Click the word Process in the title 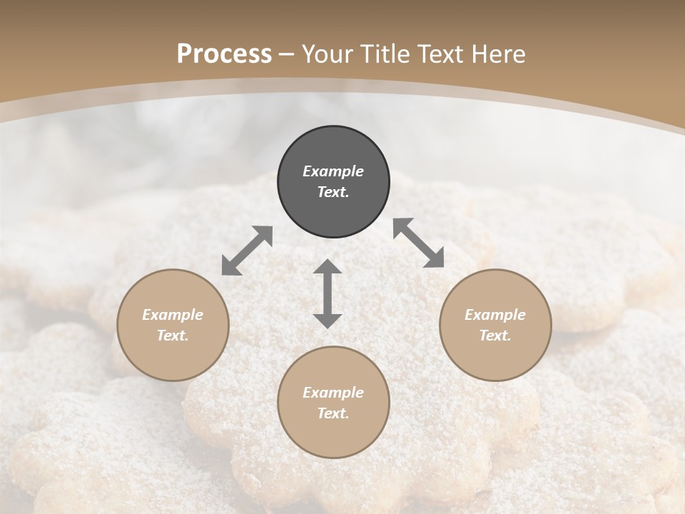pyautogui.click(x=224, y=54)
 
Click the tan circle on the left pyautogui.click(x=173, y=325)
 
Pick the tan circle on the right pyautogui.click(x=495, y=325)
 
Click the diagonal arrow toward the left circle pyautogui.click(x=247, y=251)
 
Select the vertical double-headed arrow pyautogui.click(x=328, y=293)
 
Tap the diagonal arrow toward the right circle pyautogui.click(x=419, y=243)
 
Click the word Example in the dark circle pyautogui.click(x=333, y=171)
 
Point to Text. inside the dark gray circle pyautogui.click(x=333, y=192)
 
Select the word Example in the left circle pyautogui.click(x=173, y=315)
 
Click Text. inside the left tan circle pyautogui.click(x=173, y=336)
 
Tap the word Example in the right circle pyautogui.click(x=495, y=315)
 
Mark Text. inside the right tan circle pyautogui.click(x=495, y=336)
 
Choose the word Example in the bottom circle pyautogui.click(x=333, y=393)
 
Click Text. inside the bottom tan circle pyautogui.click(x=333, y=413)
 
